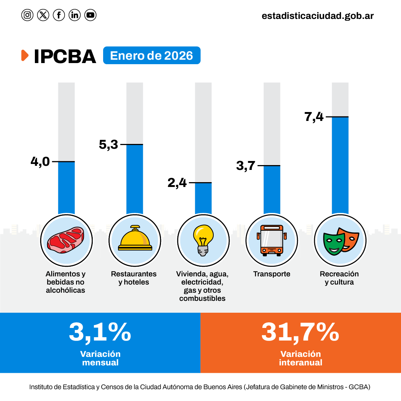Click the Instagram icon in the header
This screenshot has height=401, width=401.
[x=27, y=15]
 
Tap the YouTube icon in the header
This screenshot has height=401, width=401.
[x=90, y=15]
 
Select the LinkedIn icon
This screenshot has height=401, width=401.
[x=75, y=15]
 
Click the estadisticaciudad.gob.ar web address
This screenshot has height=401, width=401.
[x=318, y=16]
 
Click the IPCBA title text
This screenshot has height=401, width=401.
[x=65, y=56]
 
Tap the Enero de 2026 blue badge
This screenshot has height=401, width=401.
[x=151, y=56]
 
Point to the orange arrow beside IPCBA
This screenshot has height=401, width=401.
[x=25, y=55]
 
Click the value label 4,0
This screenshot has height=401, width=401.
[x=40, y=162]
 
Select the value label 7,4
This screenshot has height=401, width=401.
[x=314, y=117]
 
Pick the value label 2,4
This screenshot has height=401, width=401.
[x=177, y=183]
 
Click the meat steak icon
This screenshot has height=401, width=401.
[x=66, y=240]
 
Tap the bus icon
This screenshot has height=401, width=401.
[x=272, y=240]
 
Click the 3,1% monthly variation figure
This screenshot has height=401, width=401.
[x=100, y=332]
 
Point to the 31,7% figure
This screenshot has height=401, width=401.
[x=300, y=332]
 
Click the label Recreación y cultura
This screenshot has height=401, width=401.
[x=339, y=278]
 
